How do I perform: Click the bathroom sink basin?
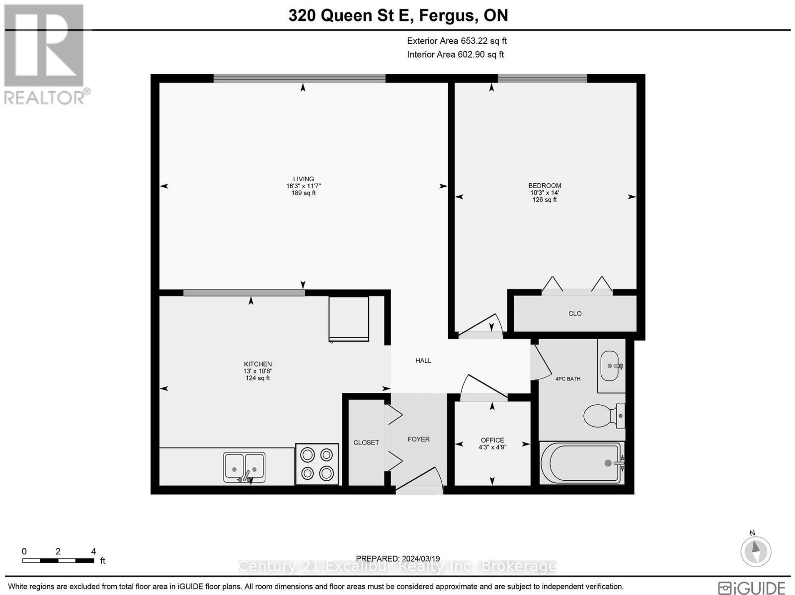[x=610, y=366]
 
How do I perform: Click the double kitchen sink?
[x=244, y=467]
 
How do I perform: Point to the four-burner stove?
[x=317, y=464]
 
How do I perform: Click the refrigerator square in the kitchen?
[x=349, y=318]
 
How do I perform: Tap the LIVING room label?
[x=303, y=179]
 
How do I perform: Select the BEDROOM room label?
[x=545, y=186]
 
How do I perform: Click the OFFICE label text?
[x=492, y=440]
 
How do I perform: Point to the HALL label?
[x=423, y=361]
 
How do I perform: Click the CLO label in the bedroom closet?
[x=575, y=314]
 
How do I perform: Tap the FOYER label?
[x=418, y=439]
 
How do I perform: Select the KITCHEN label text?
[x=257, y=364]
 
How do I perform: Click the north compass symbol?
[x=756, y=551]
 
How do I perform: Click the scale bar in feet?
[x=58, y=560]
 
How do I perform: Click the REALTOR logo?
[x=45, y=55]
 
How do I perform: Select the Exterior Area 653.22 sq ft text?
[x=457, y=41]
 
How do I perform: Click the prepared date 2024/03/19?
[x=398, y=559]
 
